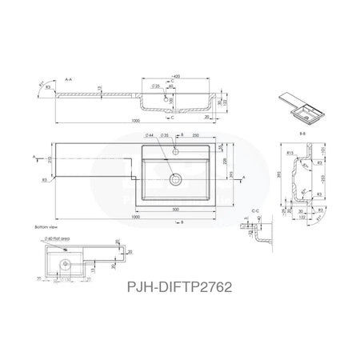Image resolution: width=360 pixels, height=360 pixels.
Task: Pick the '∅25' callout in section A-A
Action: [x=152, y=85]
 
